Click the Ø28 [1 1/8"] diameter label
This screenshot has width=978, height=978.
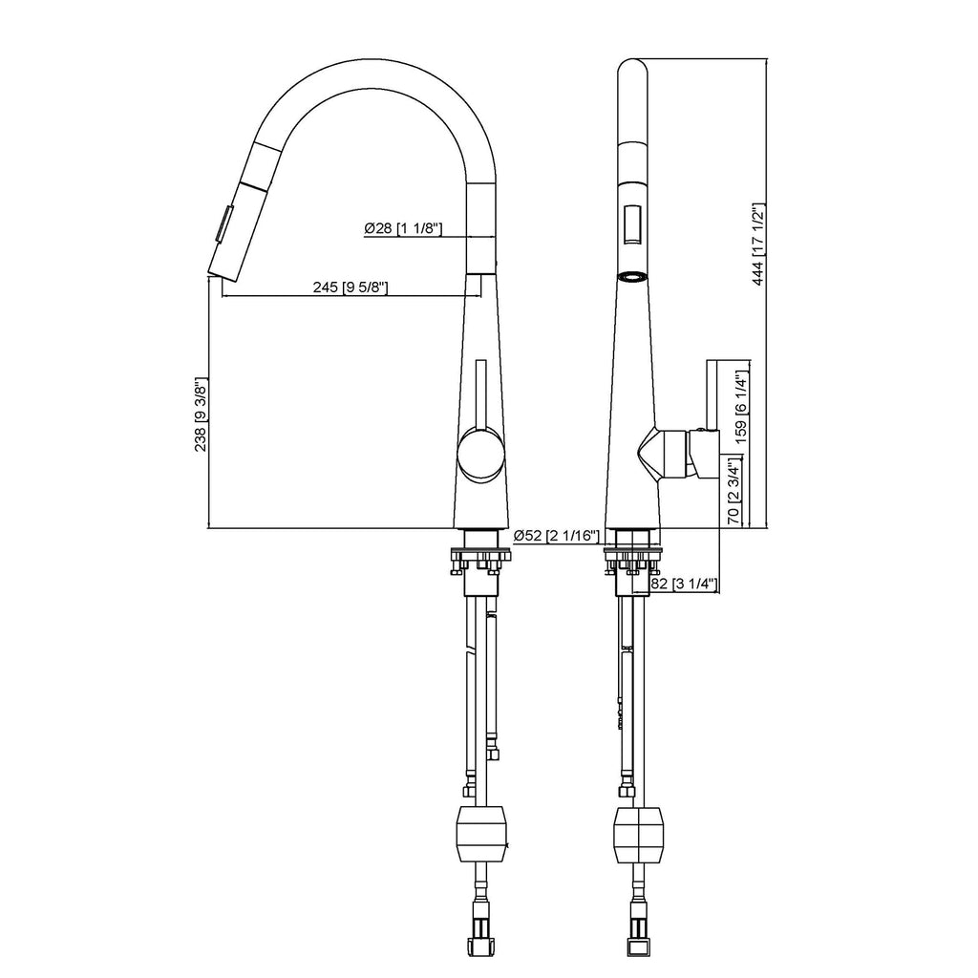(403, 228)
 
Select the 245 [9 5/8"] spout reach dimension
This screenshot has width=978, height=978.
(351, 287)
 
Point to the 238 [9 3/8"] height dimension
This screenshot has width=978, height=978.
(201, 415)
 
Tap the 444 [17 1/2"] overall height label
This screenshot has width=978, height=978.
(757, 244)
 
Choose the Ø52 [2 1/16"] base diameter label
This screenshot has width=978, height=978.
(557, 536)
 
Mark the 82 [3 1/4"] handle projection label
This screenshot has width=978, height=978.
(684, 584)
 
